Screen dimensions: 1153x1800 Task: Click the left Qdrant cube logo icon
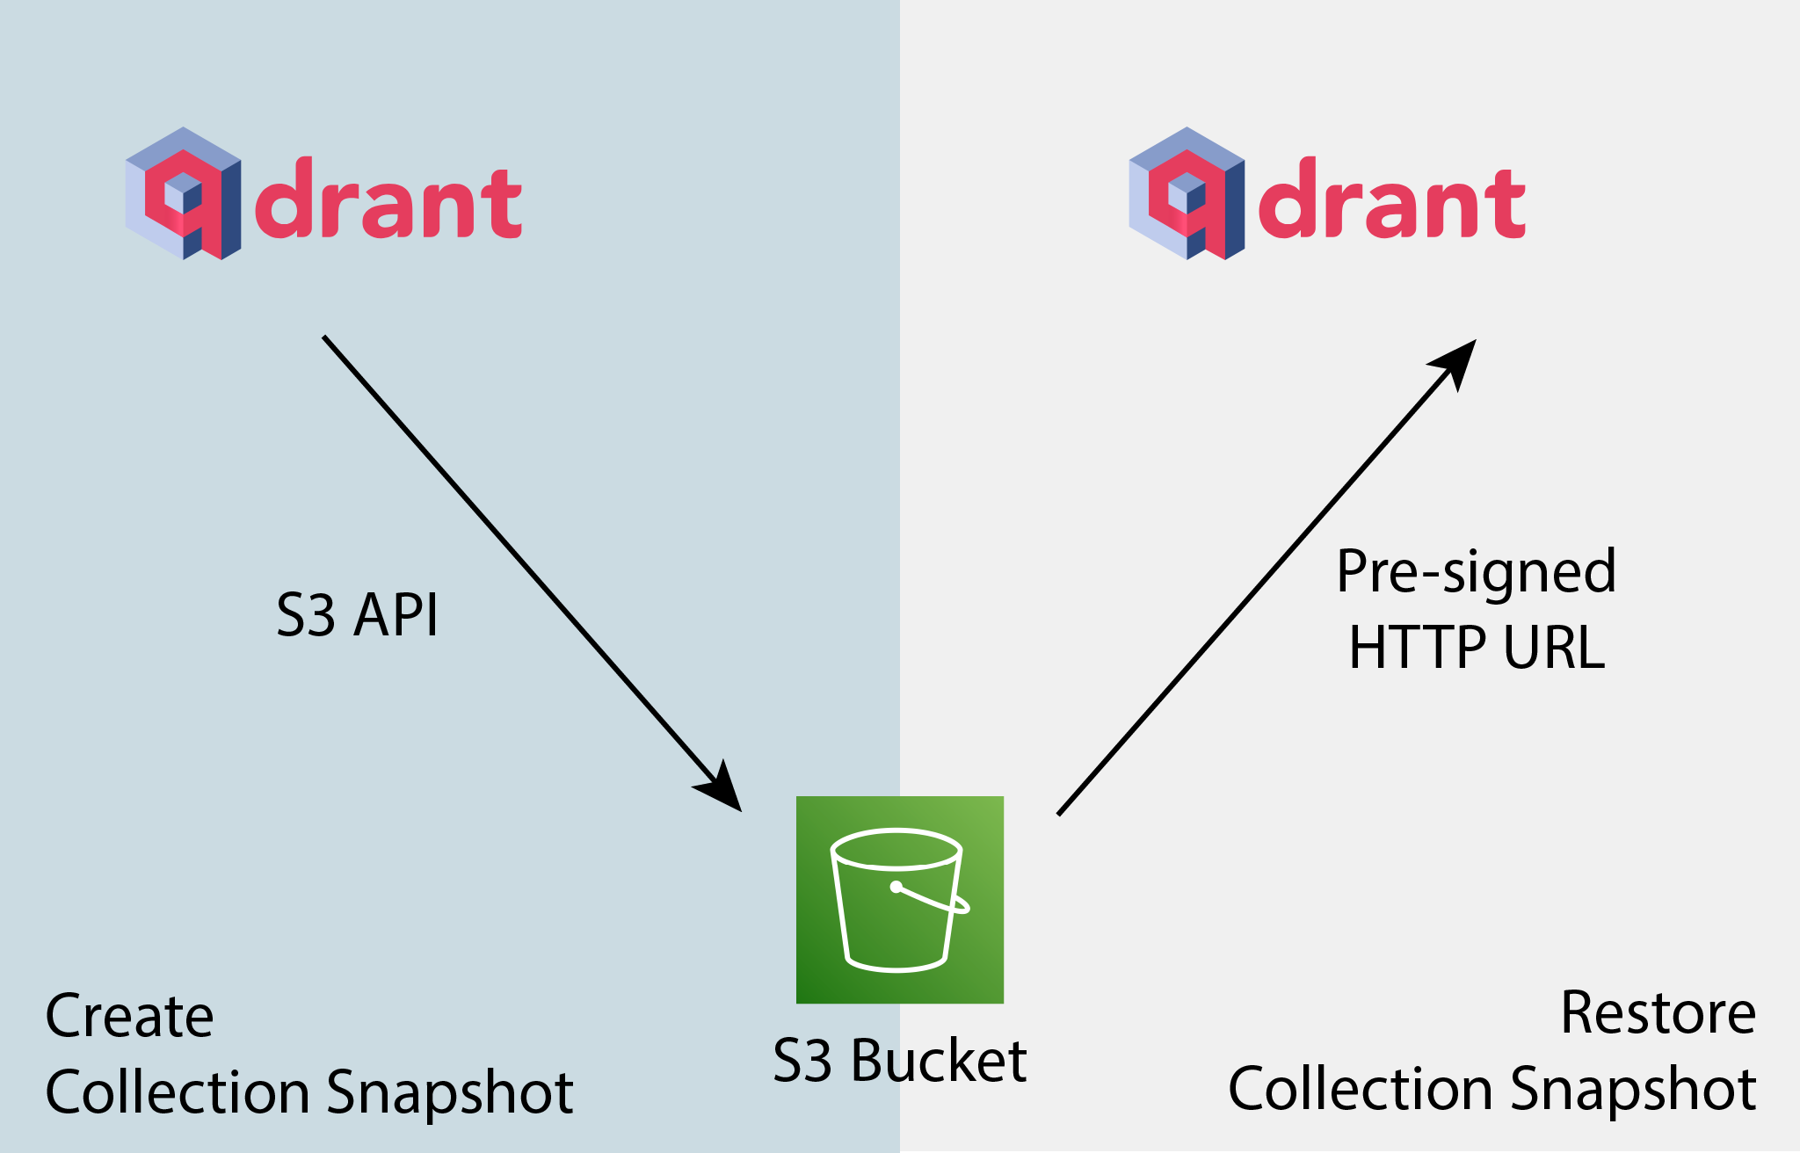click(183, 193)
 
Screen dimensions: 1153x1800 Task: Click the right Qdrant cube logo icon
click(1187, 193)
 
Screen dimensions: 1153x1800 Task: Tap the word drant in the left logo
click(388, 200)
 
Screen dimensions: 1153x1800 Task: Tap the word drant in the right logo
click(1392, 200)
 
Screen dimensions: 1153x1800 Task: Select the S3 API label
click(357, 615)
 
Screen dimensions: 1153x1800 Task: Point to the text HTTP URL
click(1477, 649)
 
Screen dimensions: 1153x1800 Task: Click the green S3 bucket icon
click(899, 899)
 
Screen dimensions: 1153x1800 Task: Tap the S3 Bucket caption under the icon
click(899, 1061)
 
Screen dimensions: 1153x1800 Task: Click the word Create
click(129, 1017)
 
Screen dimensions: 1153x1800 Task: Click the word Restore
click(1658, 1013)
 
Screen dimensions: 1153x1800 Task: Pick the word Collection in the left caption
click(178, 1092)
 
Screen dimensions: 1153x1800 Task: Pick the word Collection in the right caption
click(1361, 1090)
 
